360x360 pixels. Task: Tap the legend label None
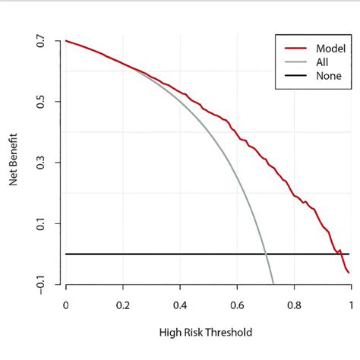point(318,75)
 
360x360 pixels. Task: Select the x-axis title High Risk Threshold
point(205,333)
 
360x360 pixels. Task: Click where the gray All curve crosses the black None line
point(265,254)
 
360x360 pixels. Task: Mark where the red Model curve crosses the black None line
point(338,254)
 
